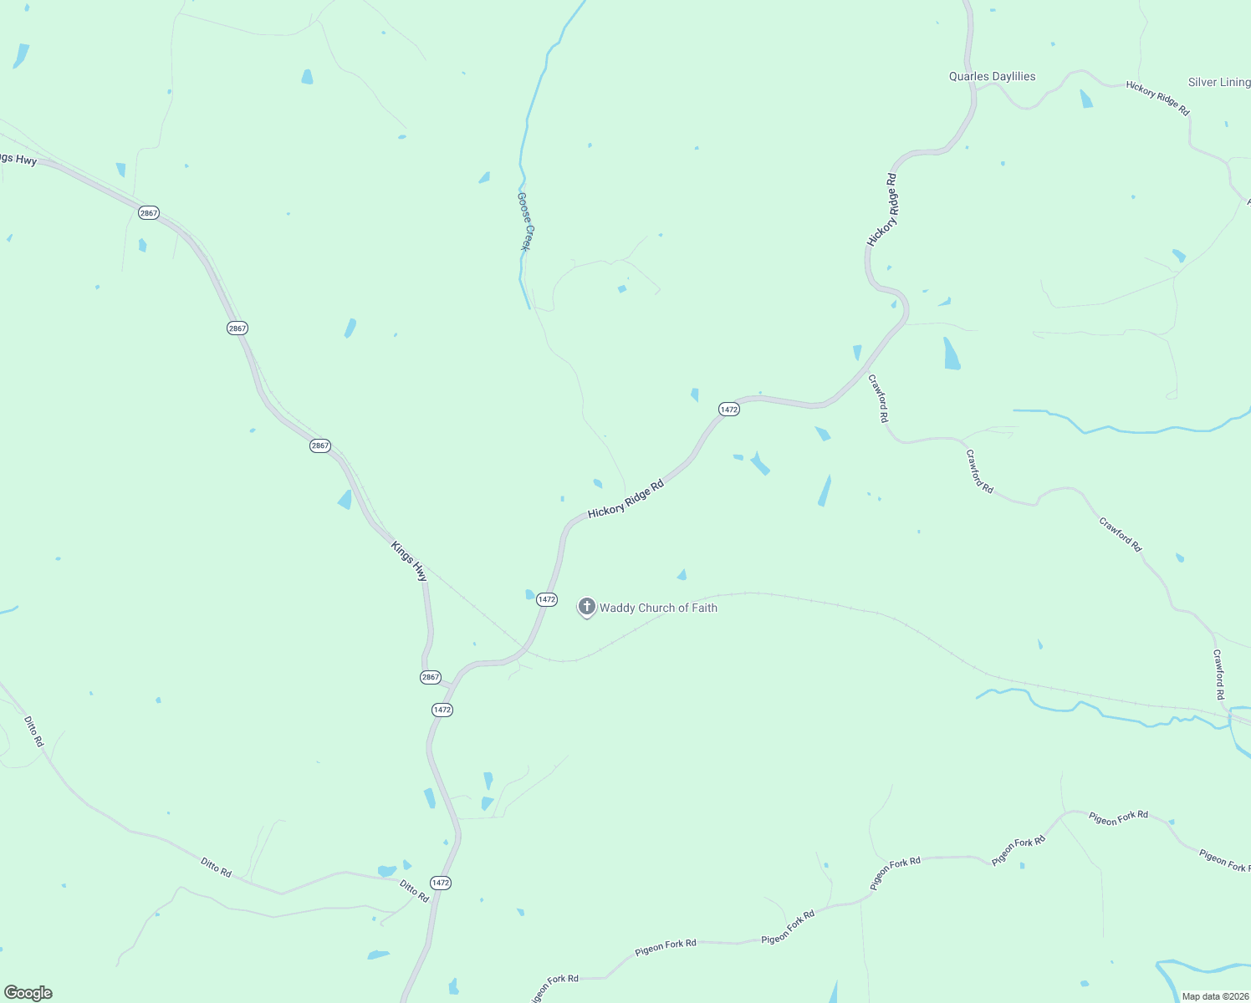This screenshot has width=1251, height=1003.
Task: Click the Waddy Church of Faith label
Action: [658, 608]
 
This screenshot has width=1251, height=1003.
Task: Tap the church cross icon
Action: [587, 607]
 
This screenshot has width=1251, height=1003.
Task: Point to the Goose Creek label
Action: [524, 221]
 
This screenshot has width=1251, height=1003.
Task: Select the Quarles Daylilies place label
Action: [992, 77]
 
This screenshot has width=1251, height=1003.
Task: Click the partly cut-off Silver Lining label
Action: [1219, 82]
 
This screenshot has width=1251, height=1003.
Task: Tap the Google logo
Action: [28, 993]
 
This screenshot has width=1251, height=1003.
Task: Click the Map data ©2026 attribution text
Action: [1214, 996]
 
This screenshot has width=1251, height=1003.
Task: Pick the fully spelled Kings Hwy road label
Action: [409, 562]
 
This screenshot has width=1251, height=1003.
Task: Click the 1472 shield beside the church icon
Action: [546, 599]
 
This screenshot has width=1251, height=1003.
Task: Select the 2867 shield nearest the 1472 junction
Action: [431, 677]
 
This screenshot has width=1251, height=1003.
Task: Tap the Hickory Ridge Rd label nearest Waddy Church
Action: [625, 499]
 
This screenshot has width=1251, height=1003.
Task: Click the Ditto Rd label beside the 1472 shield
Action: [414, 891]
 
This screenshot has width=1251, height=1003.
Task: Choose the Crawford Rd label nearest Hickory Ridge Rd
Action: [878, 398]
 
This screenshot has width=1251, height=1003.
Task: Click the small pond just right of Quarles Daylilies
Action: [1085, 99]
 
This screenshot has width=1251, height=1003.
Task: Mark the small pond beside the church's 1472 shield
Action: [529, 595]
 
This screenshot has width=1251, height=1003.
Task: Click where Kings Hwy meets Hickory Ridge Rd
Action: [452, 685]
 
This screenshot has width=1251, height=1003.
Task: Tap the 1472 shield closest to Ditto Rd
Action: [441, 883]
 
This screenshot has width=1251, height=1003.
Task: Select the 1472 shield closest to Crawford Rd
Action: [729, 409]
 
